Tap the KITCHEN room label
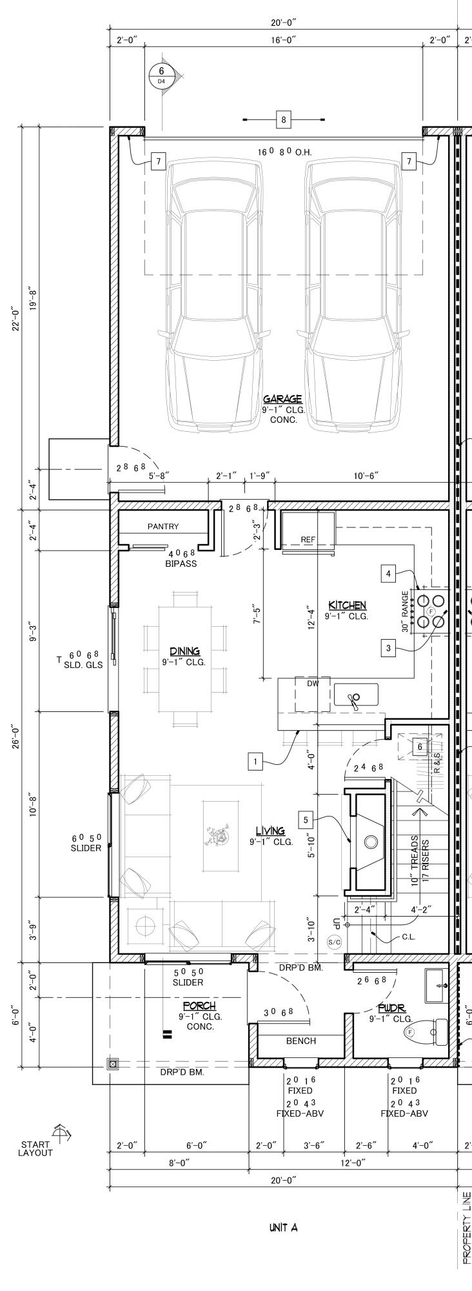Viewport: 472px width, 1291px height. pos(348,605)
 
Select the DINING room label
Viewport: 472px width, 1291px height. pos(184,651)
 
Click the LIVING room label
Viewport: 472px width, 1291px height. pos(270,831)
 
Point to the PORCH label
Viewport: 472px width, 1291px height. pos(199,1006)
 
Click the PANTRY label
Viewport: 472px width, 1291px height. pos(163,527)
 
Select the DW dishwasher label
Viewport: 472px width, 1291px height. pos(313,683)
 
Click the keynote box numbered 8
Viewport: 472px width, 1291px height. pos(284,119)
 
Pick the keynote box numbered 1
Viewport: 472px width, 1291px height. pos(256,762)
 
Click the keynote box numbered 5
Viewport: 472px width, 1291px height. pos(306,820)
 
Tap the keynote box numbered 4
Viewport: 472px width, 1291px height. pos(388,573)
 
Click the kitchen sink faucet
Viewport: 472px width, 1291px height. pos(354,698)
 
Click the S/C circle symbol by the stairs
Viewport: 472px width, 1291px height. pos(335,942)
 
